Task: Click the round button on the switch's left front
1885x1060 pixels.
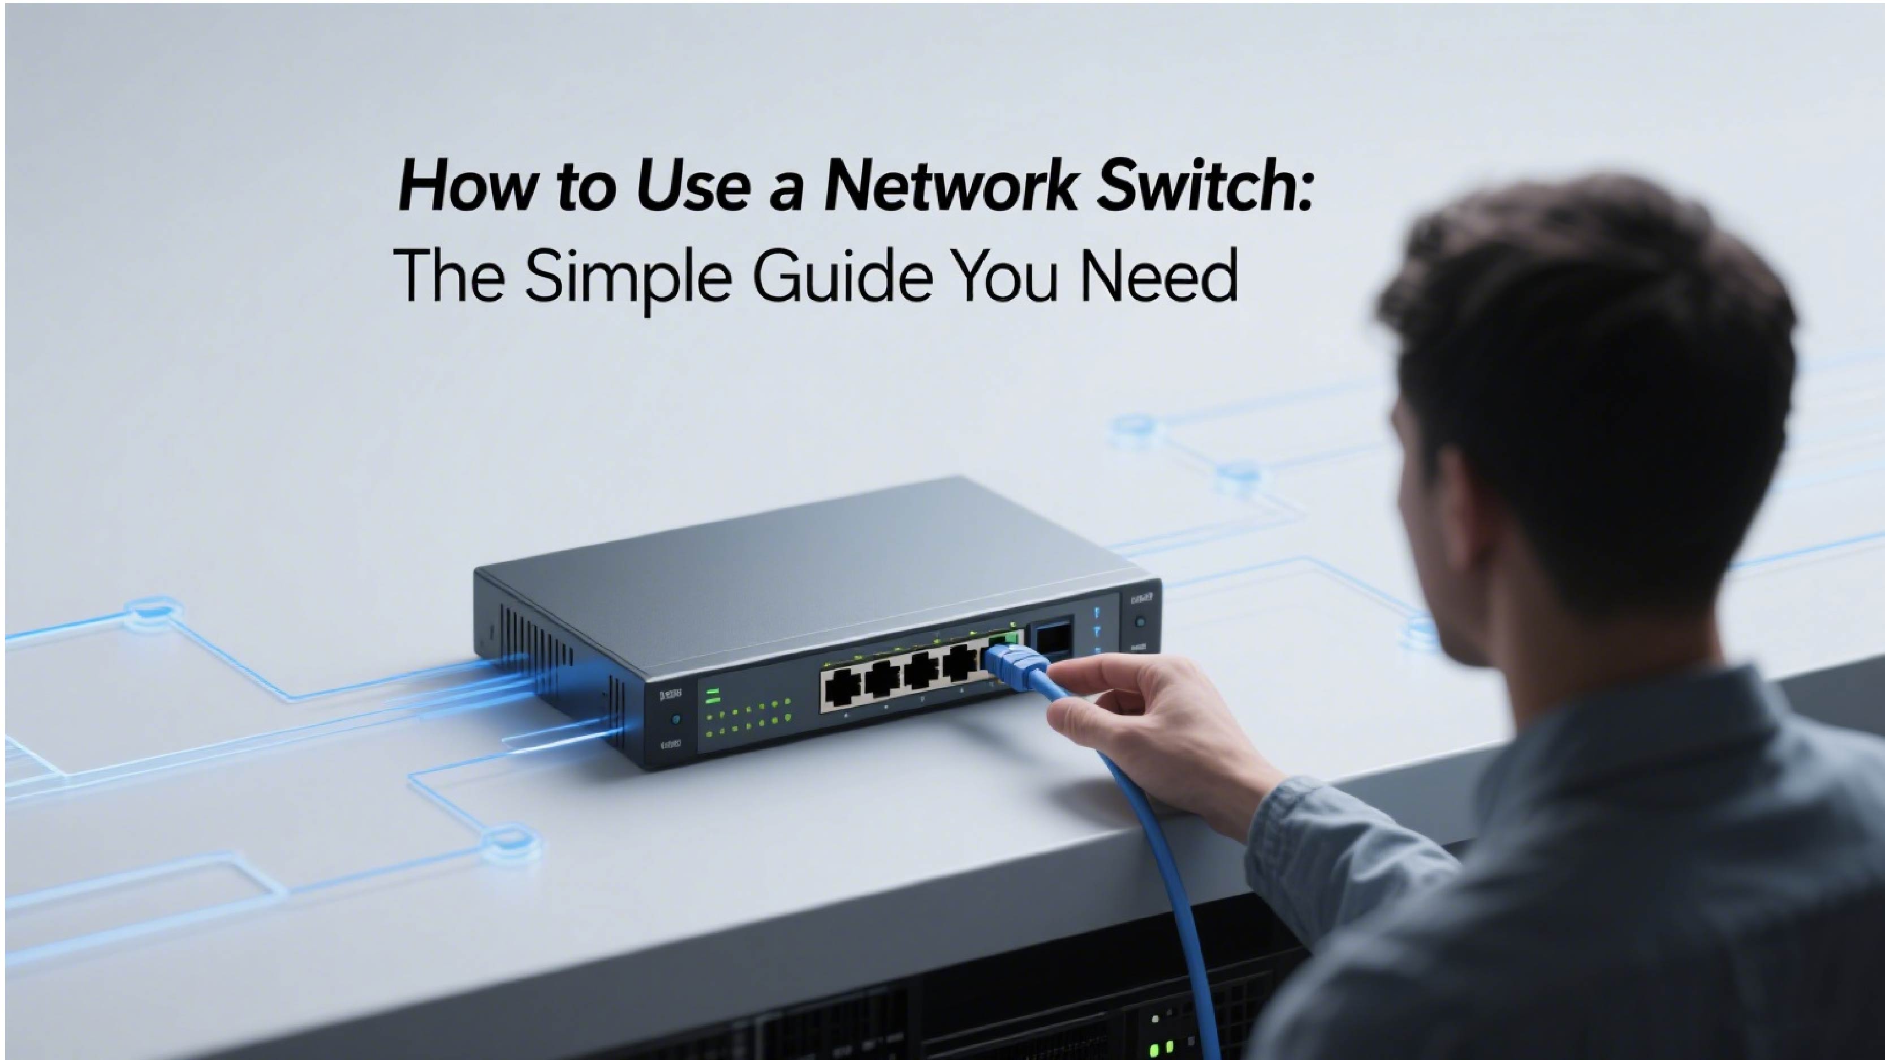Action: pyautogui.click(x=675, y=719)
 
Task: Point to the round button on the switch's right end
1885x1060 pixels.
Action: pyautogui.click(x=1140, y=622)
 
